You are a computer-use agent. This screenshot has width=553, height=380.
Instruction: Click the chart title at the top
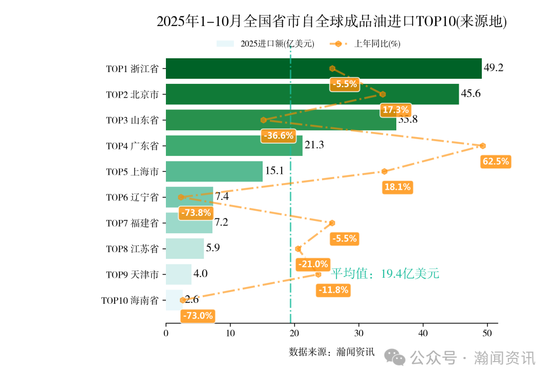[x=331, y=21]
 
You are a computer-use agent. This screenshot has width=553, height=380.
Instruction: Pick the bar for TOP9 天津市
[x=178, y=274]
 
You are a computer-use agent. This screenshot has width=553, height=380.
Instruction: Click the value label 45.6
[x=471, y=94]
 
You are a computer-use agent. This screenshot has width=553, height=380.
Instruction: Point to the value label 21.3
[x=314, y=145]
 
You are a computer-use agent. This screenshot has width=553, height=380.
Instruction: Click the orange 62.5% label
[x=496, y=162]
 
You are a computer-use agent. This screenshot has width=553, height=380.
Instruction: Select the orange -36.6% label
[x=279, y=136]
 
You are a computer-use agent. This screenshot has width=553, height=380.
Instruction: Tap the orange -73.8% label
[x=195, y=213]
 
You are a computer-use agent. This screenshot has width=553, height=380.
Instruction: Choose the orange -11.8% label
[x=333, y=290]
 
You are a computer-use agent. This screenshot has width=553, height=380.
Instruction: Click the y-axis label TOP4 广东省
[x=132, y=146]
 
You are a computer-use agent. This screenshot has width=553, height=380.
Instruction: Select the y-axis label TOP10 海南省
[x=130, y=300]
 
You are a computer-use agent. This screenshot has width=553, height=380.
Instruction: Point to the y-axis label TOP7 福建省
[x=132, y=223]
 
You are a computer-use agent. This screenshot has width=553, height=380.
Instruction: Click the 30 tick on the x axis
[x=358, y=333]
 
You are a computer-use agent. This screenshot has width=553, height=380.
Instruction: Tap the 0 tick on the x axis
[x=166, y=333]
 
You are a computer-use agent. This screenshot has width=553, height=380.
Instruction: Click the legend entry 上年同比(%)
[x=377, y=44]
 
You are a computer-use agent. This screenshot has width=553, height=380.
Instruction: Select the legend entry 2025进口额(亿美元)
[x=277, y=44]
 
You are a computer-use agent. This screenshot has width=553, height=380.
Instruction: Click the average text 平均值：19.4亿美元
[x=385, y=274]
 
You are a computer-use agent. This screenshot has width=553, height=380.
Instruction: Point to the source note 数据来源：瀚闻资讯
[x=332, y=352]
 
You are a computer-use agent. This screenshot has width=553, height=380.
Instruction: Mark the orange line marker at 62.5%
[x=482, y=146]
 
